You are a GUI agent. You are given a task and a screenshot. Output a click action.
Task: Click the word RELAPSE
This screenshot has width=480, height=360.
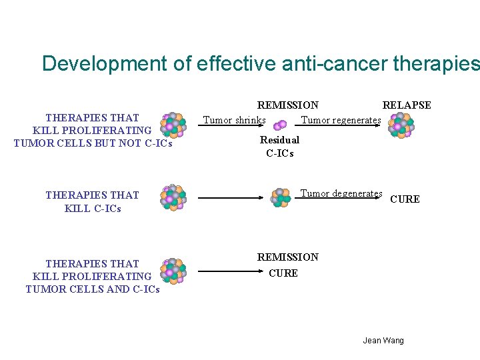406,105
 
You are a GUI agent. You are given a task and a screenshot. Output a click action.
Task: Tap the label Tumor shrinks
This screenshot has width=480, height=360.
234,121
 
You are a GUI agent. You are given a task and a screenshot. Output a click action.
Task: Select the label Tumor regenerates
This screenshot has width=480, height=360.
341,121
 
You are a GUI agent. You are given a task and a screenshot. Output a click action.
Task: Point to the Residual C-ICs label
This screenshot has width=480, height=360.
279,147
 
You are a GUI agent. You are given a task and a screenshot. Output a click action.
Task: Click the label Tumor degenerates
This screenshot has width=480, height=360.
341,194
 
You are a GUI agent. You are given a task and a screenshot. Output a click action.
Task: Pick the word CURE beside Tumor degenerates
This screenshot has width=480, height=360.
405,199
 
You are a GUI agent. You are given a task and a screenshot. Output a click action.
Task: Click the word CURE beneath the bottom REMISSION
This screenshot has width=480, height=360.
283,273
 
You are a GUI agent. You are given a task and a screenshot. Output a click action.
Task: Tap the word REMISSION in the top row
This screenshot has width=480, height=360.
287,105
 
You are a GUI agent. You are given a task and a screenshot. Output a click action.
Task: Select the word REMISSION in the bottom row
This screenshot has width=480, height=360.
287,257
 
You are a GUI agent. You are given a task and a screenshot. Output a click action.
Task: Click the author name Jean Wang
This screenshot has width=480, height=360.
383,341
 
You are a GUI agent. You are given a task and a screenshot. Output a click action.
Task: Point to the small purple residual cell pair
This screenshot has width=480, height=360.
280,125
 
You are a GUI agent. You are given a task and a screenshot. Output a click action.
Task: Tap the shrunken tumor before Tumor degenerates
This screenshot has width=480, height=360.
281,197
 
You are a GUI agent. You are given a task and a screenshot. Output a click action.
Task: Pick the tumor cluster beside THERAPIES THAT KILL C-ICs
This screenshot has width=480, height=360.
173,197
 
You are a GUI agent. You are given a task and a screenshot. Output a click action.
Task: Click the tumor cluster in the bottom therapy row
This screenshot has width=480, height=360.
173,271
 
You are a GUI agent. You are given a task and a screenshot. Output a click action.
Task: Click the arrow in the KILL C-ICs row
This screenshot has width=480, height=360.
233,198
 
